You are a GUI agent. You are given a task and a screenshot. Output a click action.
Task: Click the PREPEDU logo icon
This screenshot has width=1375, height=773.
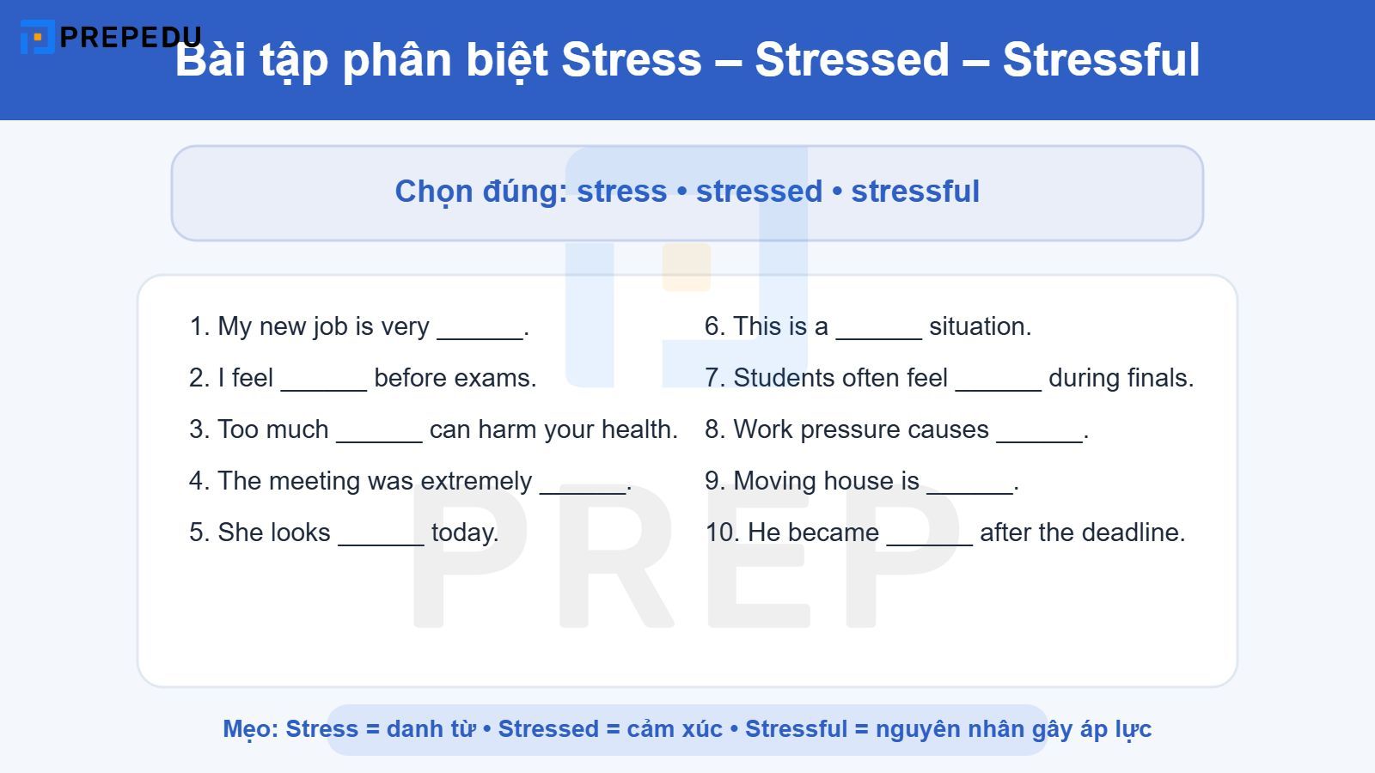[x=37, y=37]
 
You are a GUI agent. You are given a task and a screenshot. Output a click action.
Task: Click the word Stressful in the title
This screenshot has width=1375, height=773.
[x=1101, y=59]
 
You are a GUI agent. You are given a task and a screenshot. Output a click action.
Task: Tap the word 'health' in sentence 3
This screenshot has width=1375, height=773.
[x=639, y=429]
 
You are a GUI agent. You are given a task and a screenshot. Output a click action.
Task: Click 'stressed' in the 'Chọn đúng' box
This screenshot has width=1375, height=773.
[x=759, y=191]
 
